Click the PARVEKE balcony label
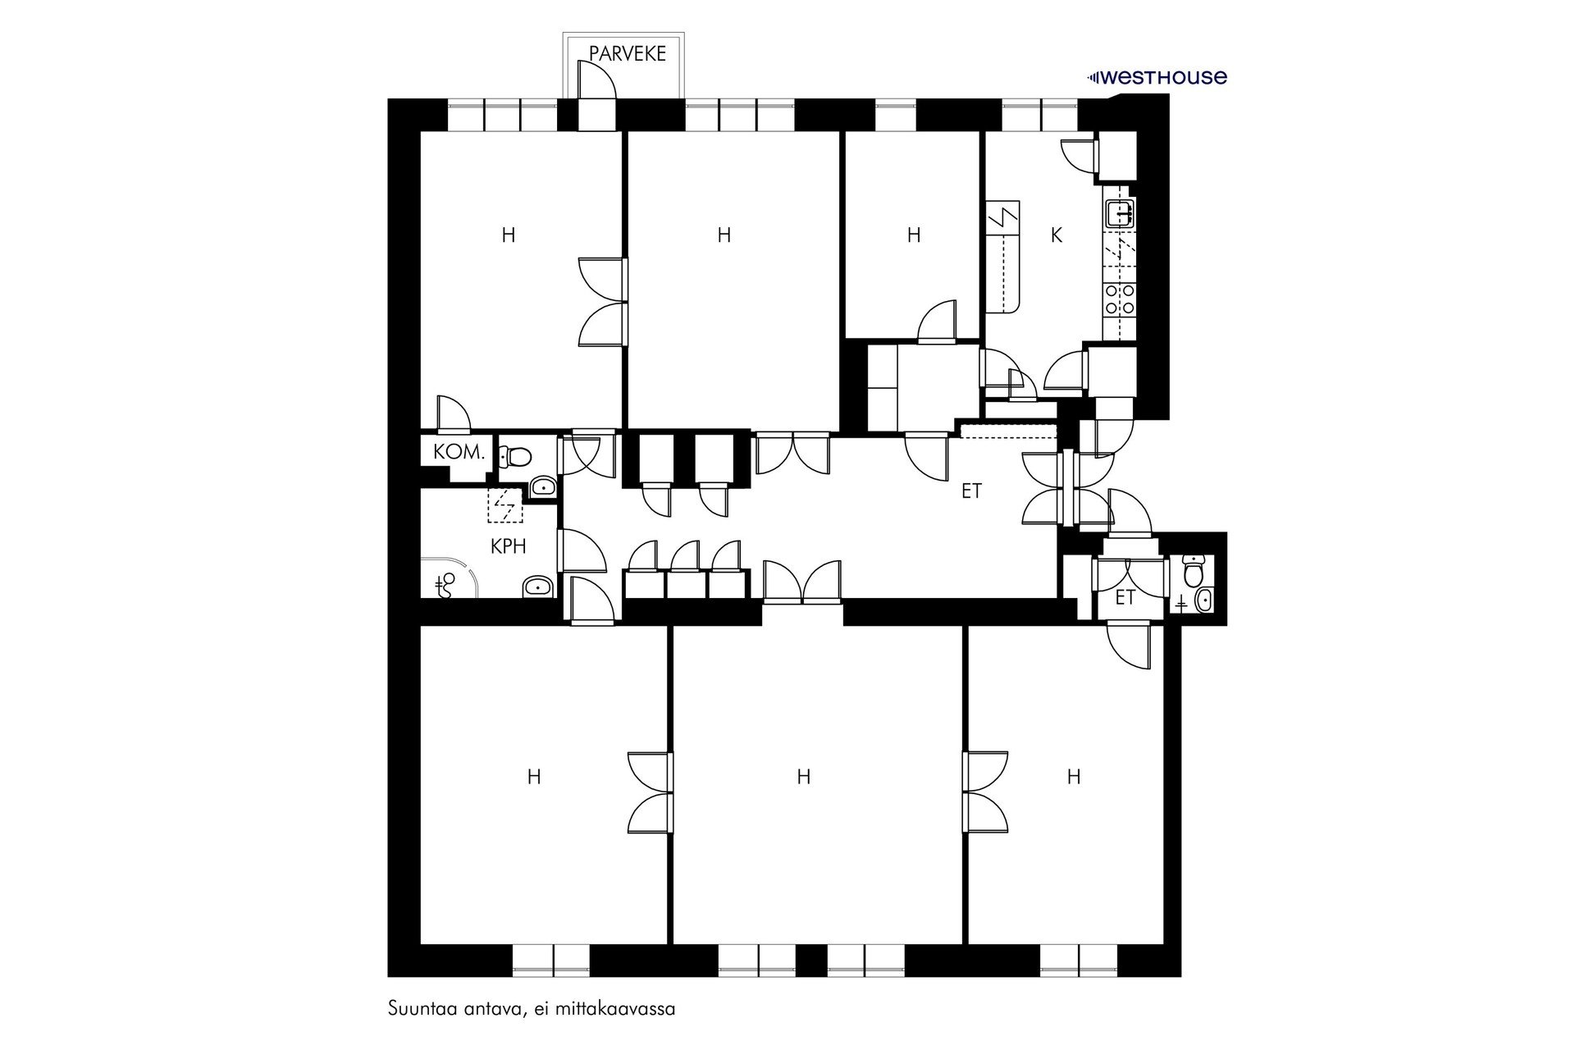[x=628, y=54]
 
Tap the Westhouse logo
[x=1157, y=78]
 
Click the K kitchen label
[x=1057, y=235]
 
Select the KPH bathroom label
[x=508, y=546]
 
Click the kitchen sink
[x=1120, y=214]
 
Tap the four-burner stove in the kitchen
[x=1120, y=299]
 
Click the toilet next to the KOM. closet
[x=517, y=455]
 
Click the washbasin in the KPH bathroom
[x=537, y=586]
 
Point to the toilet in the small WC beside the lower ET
[x=1195, y=566]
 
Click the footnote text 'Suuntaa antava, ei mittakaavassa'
[x=532, y=1008]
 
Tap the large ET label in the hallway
[x=971, y=491]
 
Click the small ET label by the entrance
[x=1125, y=598]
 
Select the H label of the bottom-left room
[x=534, y=776]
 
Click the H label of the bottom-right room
[x=1073, y=776]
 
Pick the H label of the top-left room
[x=509, y=235]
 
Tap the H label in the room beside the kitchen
[x=914, y=235]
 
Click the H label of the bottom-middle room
[x=804, y=776]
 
